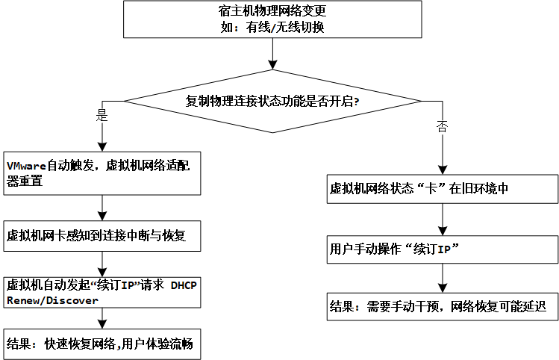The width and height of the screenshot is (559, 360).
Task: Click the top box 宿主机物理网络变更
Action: [x=272, y=19]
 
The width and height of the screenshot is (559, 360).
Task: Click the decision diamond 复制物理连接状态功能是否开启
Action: [x=272, y=102]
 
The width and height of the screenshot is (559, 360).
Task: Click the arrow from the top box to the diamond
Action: [x=272, y=54]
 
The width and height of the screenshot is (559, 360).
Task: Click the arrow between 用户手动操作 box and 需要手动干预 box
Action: [x=444, y=277]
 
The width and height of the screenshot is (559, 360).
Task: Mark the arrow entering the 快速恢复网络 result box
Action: [x=101, y=319]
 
